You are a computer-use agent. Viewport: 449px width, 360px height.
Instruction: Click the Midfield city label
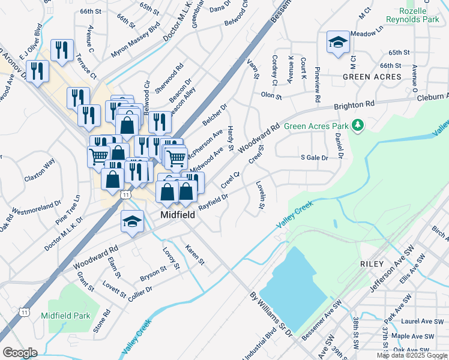pyautogui.click(x=178, y=215)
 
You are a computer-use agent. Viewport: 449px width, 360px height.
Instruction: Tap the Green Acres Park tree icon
pyautogui.click(x=358, y=125)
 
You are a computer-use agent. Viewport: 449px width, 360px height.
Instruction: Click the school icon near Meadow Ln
pyautogui.click(x=338, y=43)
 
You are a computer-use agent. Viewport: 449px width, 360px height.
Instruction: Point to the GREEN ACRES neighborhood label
pyautogui.click(x=372, y=77)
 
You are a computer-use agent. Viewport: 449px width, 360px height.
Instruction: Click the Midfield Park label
pyautogui.click(x=65, y=316)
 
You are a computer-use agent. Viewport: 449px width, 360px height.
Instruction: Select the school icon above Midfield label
pyautogui.click(x=132, y=222)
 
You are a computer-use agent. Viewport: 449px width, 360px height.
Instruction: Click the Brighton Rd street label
pyautogui.click(x=354, y=105)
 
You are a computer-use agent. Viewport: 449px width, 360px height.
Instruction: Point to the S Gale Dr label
pyautogui.click(x=315, y=158)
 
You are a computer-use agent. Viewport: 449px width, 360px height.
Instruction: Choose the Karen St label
pyautogui.click(x=195, y=255)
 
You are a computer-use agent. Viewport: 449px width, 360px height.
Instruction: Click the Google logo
pyautogui.click(x=19, y=353)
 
